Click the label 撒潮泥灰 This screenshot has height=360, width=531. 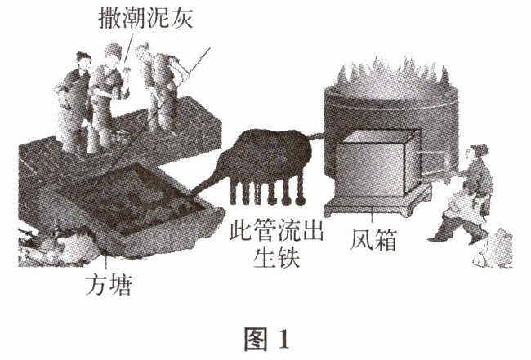pos(145,19)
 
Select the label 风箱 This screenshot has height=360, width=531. pos(374,240)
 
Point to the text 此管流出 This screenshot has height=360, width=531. pos(276,229)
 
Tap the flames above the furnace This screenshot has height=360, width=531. pos(392,76)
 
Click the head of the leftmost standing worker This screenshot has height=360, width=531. pos(83,61)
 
